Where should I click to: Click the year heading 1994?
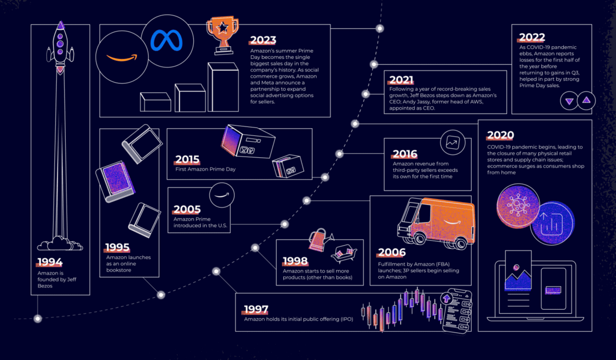pyautogui.click(x=50, y=262)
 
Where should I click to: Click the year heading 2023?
pyautogui.click(x=263, y=40)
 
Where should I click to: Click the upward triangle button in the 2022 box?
pyautogui.click(x=586, y=101)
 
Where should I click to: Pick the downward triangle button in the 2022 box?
pyautogui.click(x=569, y=101)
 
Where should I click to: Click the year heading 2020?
pyautogui.click(x=500, y=135)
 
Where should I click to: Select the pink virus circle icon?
pyautogui.click(x=518, y=206)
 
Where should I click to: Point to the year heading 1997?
pyautogui.click(x=256, y=309)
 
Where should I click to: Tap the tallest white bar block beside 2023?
pyautogui.click(x=223, y=87)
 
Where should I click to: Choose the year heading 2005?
pyautogui.click(x=187, y=210)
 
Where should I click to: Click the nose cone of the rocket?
pyautogui.click(x=60, y=26)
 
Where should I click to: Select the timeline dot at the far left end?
pyautogui.click(x=38, y=318)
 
